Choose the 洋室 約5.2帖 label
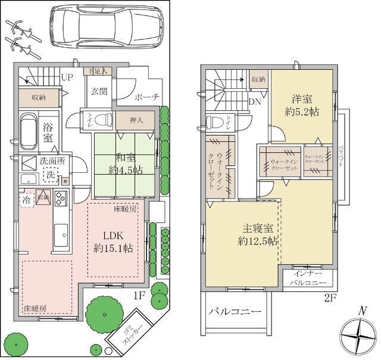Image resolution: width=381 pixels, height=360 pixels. (x=302, y=105)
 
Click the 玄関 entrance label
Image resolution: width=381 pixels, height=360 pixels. (x=99, y=91)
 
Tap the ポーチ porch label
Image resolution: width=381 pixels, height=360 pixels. (x=146, y=96)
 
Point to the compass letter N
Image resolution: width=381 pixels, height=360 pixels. (x=360, y=311)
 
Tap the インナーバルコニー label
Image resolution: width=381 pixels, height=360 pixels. (x=308, y=279)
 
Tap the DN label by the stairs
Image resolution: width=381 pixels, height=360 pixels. (x=254, y=102)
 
